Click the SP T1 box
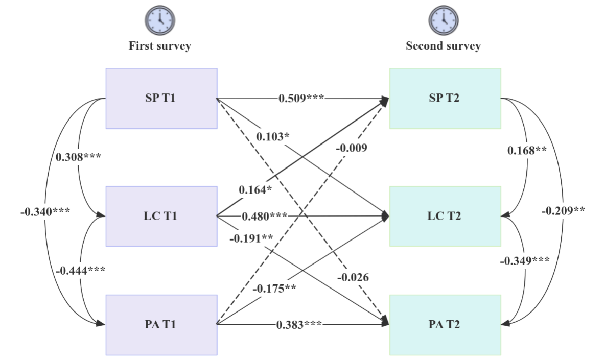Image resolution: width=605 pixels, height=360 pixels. (161, 99)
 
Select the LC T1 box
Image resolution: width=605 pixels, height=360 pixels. (161, 216)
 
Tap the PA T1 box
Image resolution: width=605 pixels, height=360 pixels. (161, 324)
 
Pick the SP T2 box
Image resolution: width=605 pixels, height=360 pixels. (445, 99)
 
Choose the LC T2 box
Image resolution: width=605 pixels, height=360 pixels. (445, 216)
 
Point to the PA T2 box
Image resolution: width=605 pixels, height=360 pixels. (445, 324)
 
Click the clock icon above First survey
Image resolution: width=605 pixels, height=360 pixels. (160, 20)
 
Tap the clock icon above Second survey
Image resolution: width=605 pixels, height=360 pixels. (444, 20)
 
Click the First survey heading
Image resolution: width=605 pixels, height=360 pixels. (160, 46)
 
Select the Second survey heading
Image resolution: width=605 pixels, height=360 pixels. (444, 46)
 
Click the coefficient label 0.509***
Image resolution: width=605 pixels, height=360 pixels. (301, 98)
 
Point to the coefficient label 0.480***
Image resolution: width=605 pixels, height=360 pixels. (265, 217)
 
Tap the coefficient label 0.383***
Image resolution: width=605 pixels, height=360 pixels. (299, 325)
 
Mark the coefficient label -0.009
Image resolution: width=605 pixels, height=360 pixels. (352, 149)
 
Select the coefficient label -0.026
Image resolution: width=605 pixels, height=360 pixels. (353, 278)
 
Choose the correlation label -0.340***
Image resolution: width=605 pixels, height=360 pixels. (45, 211)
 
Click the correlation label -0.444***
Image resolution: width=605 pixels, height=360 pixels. (81, 270)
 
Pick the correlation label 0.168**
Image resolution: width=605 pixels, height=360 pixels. (527, 151)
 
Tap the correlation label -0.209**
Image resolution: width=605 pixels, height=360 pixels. (564, 210)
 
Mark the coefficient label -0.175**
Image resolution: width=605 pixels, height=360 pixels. (275, 288)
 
